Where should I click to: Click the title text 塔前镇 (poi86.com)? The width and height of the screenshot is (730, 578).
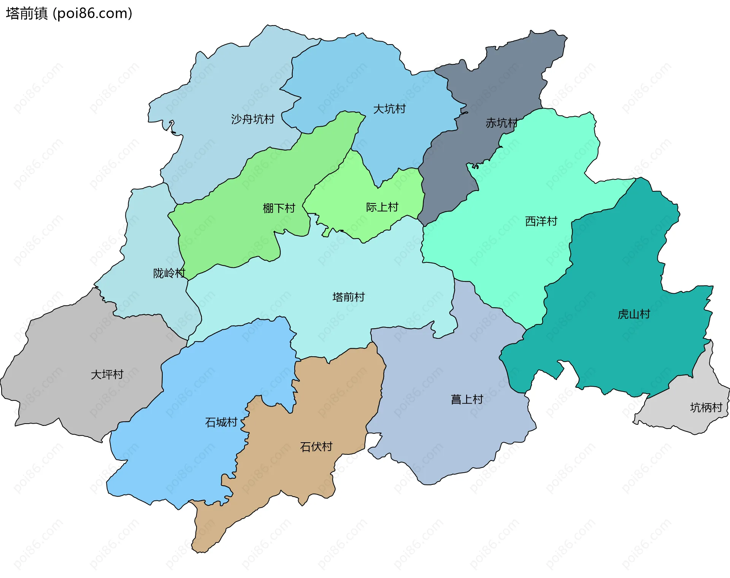[69, 14]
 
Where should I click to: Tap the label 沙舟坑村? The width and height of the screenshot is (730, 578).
[252, 119]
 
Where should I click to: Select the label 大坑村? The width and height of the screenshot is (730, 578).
[389, 109]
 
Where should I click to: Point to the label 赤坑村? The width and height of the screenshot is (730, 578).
[501, 123]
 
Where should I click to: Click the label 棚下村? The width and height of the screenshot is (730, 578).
[279, 208]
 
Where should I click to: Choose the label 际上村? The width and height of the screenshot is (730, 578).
[382, 207]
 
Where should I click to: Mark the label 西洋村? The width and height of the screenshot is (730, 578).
[541, 221]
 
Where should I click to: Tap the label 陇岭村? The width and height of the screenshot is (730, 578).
[169, 273]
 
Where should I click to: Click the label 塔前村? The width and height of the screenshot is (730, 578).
[348, 297]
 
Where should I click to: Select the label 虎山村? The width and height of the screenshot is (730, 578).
[634, 314]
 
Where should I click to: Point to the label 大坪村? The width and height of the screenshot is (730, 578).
[107, 375]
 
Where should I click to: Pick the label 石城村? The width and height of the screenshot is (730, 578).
[221, 422]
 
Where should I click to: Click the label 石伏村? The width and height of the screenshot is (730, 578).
[316, 447]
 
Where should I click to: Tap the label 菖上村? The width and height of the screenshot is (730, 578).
[467, 399]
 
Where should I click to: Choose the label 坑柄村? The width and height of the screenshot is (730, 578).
[706, 408]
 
